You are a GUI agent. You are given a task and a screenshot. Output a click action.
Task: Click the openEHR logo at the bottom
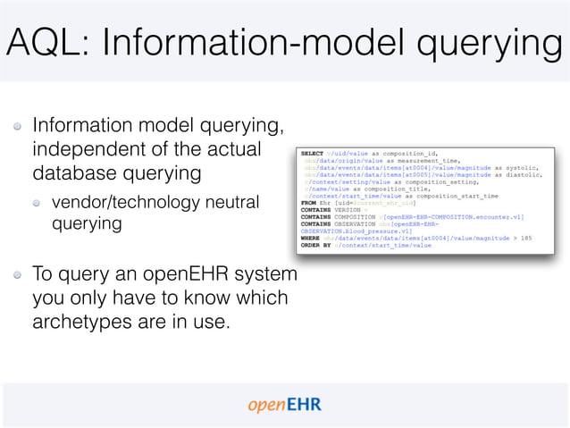tap(284, 405)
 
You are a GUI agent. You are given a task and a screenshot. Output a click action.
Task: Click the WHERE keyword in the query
tap(310, 238)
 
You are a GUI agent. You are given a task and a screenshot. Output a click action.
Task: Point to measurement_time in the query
tap(422, 160)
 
